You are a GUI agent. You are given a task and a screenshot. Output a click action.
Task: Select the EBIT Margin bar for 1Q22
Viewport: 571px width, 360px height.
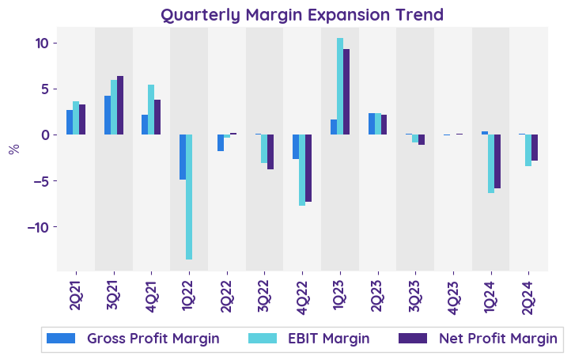click(x=189, y=197)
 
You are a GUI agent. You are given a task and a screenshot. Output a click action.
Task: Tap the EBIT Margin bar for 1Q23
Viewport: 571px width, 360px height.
click(x=340, y=86)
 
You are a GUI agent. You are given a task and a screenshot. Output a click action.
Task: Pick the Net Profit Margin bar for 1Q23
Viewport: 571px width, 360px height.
click(x=346, y=92)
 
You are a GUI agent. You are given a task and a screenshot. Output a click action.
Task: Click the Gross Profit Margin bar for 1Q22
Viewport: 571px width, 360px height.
click(x=183, y=157)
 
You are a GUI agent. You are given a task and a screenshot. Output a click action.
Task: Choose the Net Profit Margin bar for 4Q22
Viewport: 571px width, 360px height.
click(x=308, y=168)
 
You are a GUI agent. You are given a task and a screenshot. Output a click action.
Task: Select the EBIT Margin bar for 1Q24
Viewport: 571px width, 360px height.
click(x=491, y=164)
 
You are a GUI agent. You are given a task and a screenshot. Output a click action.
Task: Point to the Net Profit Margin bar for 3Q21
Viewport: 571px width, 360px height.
click(x=120, y=105)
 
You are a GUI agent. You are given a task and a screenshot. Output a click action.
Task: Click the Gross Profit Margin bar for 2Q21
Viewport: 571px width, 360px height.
click(x=70, y=122)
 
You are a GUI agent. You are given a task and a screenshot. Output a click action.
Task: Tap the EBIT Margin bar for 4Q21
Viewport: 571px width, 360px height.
click(x=151, y=109)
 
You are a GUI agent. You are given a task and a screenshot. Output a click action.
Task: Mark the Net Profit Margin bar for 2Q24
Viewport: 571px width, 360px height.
click(x=535, y=148)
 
